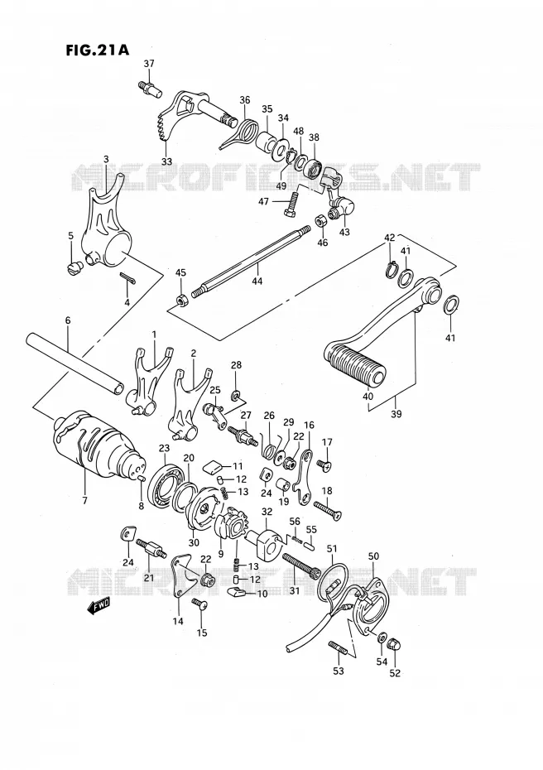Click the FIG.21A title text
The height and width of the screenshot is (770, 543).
(x=97, y=50)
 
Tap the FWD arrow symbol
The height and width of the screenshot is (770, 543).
(x=99, y=606)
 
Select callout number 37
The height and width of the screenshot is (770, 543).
(x=149, y=64)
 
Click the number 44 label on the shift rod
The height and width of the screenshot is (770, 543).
(x=257, y=281)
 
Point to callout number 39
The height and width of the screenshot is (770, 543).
(x=396, y=413)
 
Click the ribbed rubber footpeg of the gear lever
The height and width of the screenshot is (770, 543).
(x=355, y=366)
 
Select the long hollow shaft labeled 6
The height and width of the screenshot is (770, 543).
(x=74, y=363)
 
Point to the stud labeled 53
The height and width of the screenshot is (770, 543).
(x=338, y=648)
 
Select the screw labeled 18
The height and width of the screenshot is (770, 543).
(x=326, y=507)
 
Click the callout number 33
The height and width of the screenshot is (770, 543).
(x=167, y=161)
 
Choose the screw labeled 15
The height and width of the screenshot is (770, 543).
(x=201, y=604)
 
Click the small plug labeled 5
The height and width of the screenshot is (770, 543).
(x=73, y=267)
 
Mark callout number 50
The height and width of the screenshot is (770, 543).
(x=373, y=556)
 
